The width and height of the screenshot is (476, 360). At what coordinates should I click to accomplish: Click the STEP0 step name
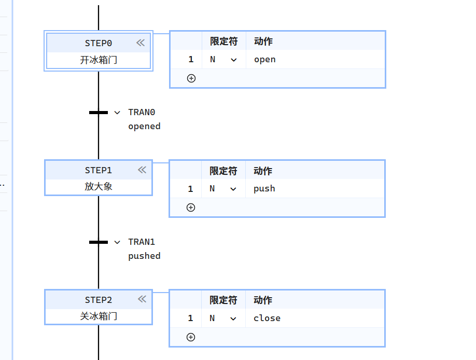[x=98, y=43]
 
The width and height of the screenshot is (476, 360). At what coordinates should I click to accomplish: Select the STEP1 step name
[x=98, y=170]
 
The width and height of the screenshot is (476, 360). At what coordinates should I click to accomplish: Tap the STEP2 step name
[x=98, y=300]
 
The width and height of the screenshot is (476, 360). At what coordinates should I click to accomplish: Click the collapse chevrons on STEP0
[x=141, y=43]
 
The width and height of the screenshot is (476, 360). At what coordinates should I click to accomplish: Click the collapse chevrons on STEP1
[x=142, y=170]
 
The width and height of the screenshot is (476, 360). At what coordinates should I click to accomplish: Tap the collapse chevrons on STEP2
[x=142, y=299]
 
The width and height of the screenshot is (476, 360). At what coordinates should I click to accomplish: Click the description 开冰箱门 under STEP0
[x=99, y=60]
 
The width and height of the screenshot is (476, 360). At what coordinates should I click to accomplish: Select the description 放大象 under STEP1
[x=99, y=186]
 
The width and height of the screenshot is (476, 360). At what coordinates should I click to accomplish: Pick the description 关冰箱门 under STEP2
[x=99, y=316]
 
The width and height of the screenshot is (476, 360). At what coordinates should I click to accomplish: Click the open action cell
[x=264, y=60]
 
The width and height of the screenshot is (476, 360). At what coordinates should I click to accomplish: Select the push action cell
[x=264, y=189]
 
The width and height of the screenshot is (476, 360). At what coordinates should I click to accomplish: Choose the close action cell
[x=267, y=319]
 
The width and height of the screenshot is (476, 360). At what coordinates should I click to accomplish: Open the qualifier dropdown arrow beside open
[x=233, y=60]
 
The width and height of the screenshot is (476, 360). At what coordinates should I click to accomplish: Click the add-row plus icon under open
[x=191, y=78]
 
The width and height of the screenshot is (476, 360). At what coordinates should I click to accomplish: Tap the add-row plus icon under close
[x=191, y=337]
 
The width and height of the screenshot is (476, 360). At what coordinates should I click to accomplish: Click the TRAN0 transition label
[x=142, y=112]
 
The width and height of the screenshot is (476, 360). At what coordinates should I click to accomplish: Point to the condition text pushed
[x=144, y=256]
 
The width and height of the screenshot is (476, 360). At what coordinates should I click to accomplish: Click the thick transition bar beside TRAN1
[x=99, y=242]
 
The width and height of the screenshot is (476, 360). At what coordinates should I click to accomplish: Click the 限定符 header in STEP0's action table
[x=223, y=41]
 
